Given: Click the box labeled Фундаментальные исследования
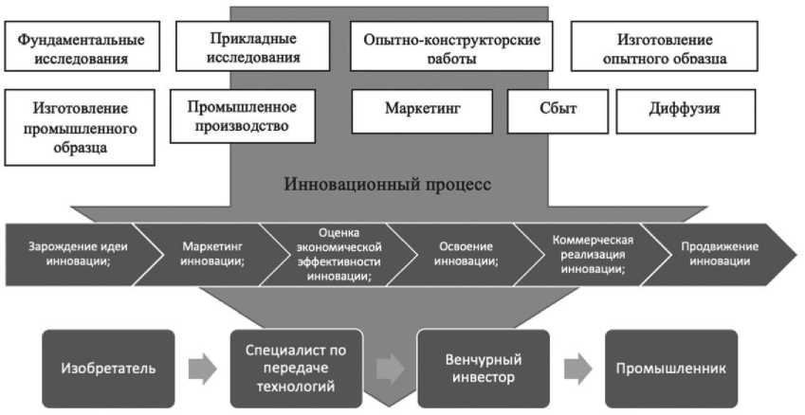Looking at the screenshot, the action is pos(82,46).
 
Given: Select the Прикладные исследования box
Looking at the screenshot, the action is pos(252,46).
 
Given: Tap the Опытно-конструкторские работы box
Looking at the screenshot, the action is pos(451,46).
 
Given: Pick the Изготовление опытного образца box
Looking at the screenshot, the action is pos(665,46).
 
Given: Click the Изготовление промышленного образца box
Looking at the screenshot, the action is pos(80,128).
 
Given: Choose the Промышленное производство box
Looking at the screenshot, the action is pos(243,117).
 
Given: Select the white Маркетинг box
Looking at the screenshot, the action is pos(422,111).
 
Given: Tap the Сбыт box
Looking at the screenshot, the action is pos(558,111).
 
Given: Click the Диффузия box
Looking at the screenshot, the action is pos(686,111).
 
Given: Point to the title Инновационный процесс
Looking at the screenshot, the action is pos(388,184).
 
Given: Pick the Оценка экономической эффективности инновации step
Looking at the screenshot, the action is pos(339,255).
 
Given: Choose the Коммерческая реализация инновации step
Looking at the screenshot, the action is pos(594,255).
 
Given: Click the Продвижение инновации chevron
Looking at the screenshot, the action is pos(719,255).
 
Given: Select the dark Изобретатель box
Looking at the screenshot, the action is pos(108,369).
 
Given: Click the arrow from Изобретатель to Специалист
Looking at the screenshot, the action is pos(202,369).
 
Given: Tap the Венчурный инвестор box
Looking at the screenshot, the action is pos(484,369).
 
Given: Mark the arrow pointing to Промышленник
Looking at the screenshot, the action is pos(577,369).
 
